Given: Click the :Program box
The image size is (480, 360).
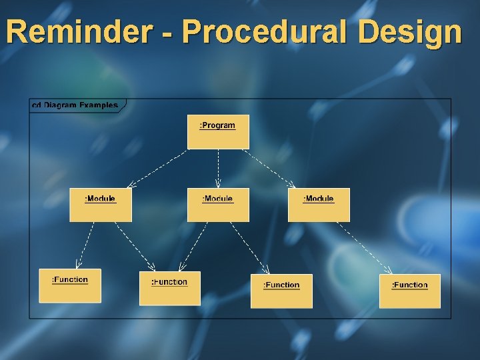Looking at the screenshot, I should click(218, 131).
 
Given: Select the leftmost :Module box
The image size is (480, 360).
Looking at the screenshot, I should click(101, 205).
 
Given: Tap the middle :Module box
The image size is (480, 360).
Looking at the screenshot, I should click(218, 205).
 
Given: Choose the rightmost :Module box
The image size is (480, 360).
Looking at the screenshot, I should click(319, 205).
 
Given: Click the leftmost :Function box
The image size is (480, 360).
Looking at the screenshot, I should click(70, 285).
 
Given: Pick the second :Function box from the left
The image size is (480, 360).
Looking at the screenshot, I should click(169, 288).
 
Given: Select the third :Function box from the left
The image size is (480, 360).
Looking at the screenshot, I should click(281, 291).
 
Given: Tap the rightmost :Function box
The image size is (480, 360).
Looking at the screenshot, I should click(409, 291).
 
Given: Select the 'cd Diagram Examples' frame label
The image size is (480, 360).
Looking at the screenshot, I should click(75, 105).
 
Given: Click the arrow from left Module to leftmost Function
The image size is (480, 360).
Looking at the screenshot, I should click(85, 245).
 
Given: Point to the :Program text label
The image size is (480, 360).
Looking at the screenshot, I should click(218, 125).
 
